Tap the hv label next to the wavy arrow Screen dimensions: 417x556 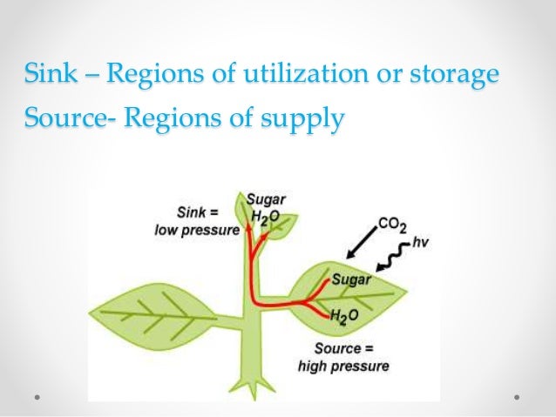(x=413, y=243)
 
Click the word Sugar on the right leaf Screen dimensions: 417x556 (x=352, y=280)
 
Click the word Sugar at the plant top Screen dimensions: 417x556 (x=263, y=200)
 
